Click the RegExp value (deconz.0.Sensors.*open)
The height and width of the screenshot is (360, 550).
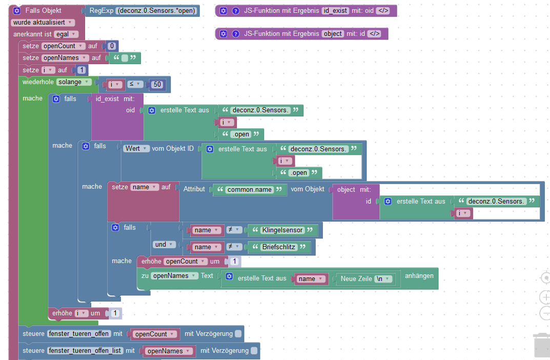[x=157, y=10]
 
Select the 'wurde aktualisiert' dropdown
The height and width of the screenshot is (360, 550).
[x=43, y=23]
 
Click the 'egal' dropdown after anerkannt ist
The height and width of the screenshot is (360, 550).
[x=66, y=34]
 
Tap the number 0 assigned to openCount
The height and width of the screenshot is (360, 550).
[x=112, y=46]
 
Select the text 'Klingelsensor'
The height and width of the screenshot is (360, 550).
[x=282, y=230]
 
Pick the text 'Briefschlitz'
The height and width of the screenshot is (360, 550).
[x=279, y=247]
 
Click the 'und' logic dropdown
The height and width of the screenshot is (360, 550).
[x=164, y=245]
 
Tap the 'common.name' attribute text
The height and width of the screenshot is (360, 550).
[x=250, y=190]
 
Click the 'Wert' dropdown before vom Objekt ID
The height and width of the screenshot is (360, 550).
[x=137, y=148]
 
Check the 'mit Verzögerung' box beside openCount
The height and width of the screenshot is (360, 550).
[x=238, y=334]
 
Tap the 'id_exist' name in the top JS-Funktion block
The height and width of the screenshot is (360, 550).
[x=335, y=11]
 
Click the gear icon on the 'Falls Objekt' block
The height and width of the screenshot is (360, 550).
[x=16, y=10]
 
